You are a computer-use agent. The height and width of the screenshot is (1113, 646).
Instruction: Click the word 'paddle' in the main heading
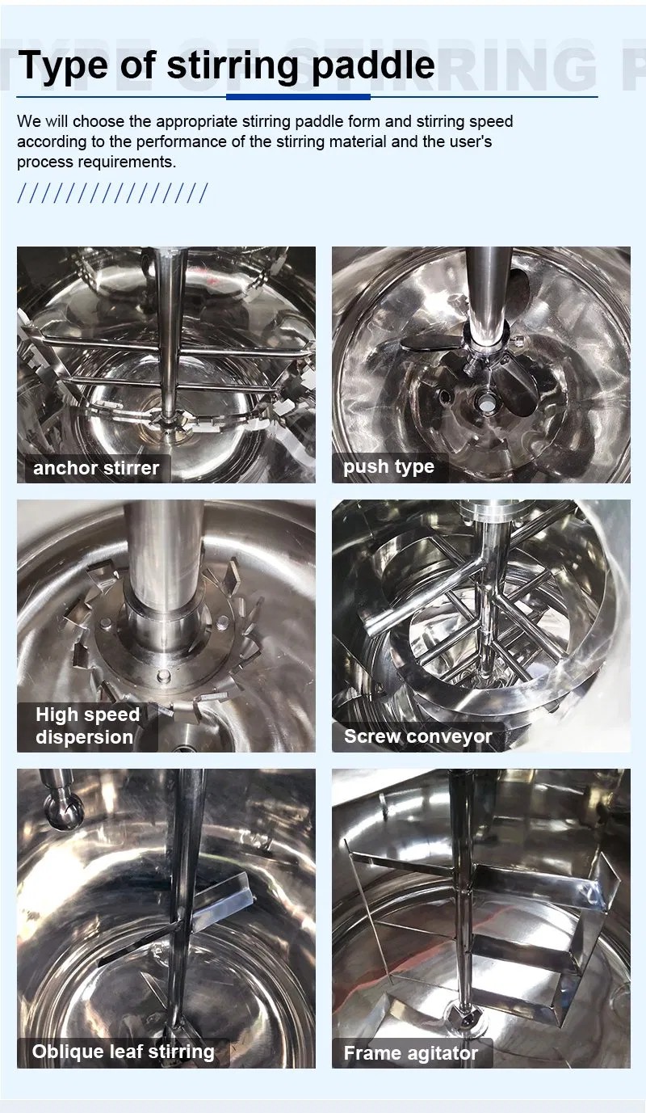374,65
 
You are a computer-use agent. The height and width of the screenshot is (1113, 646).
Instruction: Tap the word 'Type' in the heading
62,66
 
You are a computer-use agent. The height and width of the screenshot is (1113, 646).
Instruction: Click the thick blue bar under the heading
298,97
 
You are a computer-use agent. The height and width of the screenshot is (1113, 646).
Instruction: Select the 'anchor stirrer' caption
96,468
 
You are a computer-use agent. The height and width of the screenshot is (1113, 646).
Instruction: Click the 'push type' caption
388,467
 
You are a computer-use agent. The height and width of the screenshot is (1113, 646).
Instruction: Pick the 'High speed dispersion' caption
87,726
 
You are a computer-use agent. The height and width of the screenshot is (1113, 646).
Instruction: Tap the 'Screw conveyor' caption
418,736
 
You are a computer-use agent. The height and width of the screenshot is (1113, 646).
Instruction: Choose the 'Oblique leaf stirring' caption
123,1052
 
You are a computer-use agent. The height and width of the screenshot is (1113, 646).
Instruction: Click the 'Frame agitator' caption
411,1053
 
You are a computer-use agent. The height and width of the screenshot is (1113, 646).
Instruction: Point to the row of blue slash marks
112,193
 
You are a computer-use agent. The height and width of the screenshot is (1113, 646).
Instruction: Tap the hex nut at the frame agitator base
464,1018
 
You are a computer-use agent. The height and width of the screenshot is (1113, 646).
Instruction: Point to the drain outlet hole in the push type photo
484,402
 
